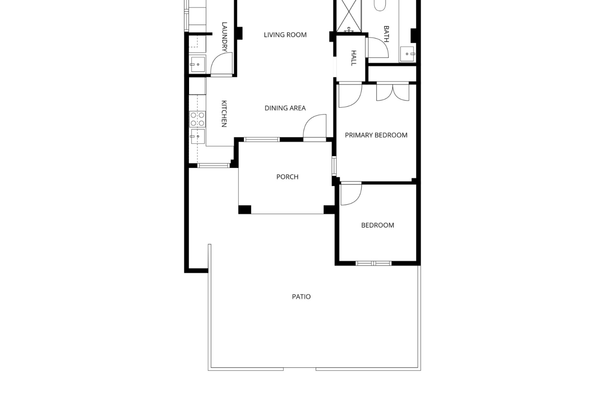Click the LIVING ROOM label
tap(285, 35)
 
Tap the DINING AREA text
tap(285, 108)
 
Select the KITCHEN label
tap(224, 114)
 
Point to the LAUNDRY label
tap(224, 37)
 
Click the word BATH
tap(386, 34)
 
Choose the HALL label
tap(354, 58)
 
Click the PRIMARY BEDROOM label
tap(376, 135)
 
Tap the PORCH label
tap(287, 177)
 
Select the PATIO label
tap(301, 297)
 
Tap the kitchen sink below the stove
tap(197, 136)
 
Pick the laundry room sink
tap(198, 64)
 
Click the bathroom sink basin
tap(408, 54)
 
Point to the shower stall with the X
tap(349, 16)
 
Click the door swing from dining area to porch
tap(314, 126)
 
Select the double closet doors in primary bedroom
tap(393, 92)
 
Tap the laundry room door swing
tap(222, 64)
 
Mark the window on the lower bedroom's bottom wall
tap(373, 263)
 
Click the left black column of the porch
tap(245, 210)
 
